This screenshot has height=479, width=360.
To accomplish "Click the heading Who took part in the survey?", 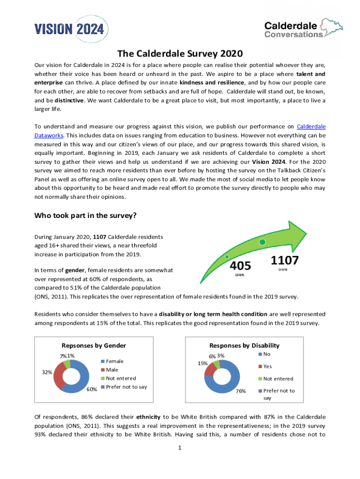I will coord(85,216).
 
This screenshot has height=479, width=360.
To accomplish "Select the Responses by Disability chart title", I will coord(244,345).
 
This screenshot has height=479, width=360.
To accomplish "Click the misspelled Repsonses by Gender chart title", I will coord(91,345).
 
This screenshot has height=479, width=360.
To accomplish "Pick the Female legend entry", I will coord(115,361).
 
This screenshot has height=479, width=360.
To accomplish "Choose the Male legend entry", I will coord(112,370).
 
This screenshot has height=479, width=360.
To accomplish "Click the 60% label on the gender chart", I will coord(91,390).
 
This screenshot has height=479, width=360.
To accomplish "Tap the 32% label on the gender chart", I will coord(46,373).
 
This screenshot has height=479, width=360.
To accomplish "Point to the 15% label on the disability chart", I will coord(202,363).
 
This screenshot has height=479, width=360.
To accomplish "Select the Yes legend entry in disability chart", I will coord(267,366).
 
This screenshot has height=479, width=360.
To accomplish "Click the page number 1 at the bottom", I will coord(180,448).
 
